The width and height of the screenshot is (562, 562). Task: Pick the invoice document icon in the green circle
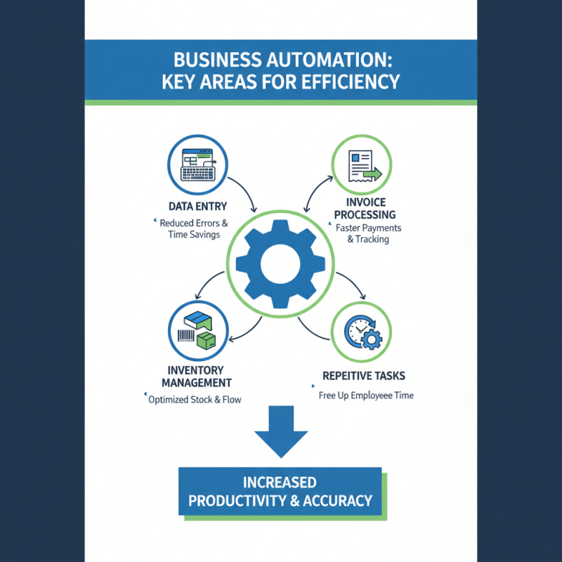362,166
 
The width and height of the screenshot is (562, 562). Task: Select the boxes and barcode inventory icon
197,332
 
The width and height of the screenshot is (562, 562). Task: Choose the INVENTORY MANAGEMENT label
197,377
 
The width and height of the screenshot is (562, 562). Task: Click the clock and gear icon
362,330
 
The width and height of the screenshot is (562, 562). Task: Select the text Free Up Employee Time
366,396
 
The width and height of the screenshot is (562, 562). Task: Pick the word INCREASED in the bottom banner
280,483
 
